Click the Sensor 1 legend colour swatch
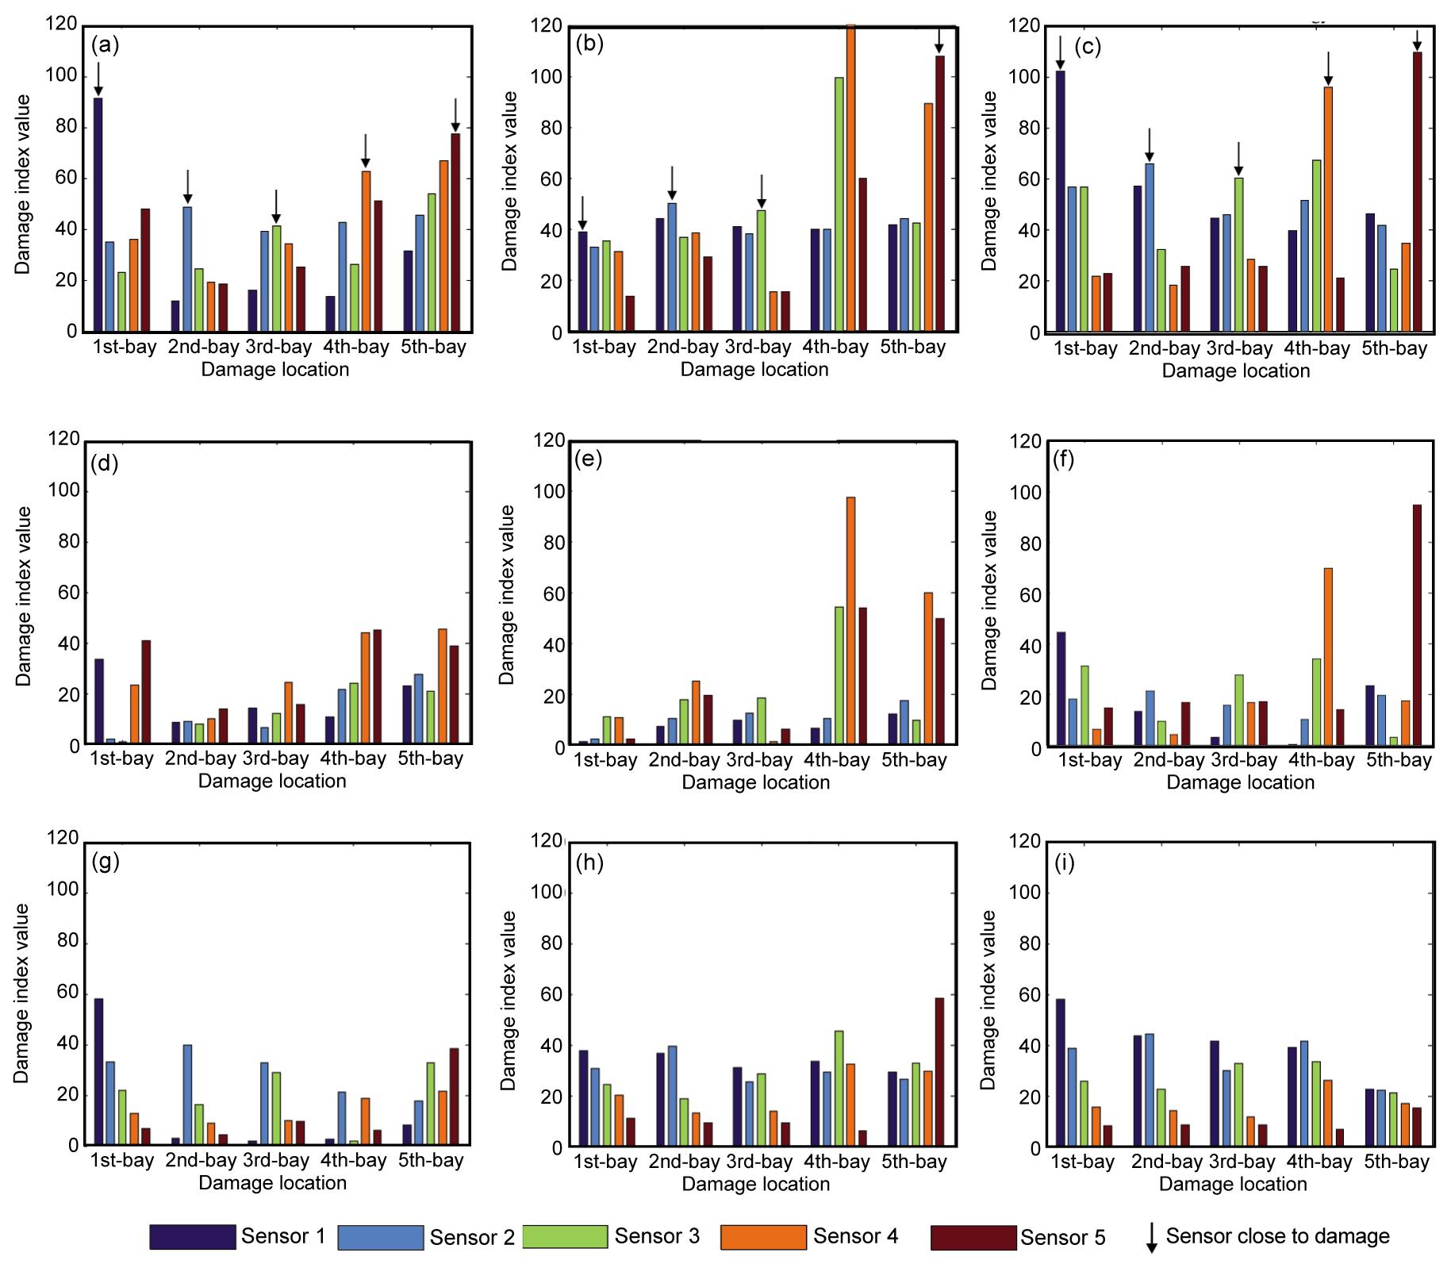click(x=193, y=1236)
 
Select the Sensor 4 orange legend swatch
click(x=763, y=1236)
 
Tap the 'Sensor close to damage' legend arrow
click(x=1152, y=1238)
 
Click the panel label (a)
click(x=105, y=45)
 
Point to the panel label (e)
click(x=588, y=459)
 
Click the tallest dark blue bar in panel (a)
click(x=98, y=214)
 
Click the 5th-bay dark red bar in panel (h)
click(x=939, y=1072)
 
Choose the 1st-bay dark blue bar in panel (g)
click(x=98, y=1071)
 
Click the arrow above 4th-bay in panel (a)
click(x=365, y=151)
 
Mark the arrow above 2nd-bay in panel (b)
click(x=672, y=183)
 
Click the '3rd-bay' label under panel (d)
click(x=275, y=759)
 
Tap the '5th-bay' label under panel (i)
click(x=1396, y=1162)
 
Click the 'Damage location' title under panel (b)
click(x=754, y=370)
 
